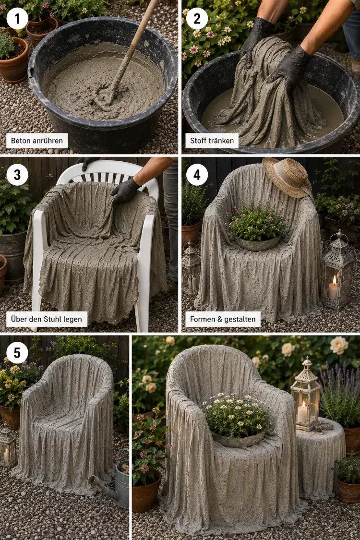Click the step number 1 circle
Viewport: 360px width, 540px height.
(17, 19)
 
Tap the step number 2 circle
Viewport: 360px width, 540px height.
(197, 19)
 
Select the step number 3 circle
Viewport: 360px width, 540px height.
(17, 175)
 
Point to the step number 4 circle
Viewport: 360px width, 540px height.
(197, 175)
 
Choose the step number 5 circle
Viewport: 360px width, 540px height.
(17, 353)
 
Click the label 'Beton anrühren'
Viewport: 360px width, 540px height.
(37, 141)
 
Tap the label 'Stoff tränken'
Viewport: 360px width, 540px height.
(212, 141)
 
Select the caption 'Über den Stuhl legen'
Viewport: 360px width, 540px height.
(47, 319)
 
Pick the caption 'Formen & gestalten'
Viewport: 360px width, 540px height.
(223, 319)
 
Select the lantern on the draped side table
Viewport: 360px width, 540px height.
(306, 395)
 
